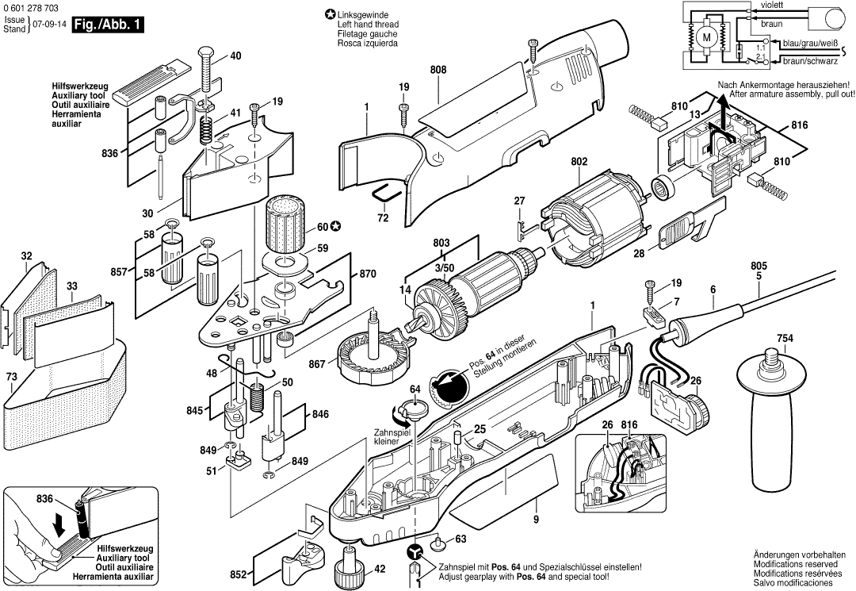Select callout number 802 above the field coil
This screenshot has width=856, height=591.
coord(579,163)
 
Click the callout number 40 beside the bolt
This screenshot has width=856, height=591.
coord(236,56)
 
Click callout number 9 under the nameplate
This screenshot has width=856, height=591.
coord(536,520)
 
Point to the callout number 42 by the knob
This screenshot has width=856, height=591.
coord(380,568)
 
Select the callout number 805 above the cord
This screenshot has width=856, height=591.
coord(759,266)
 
